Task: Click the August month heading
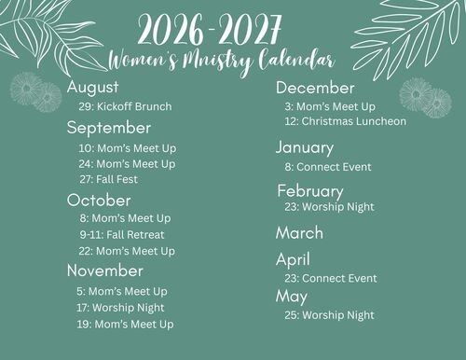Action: coord(92,88)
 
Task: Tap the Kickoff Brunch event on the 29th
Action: coord(125,106)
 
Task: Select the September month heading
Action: coord(109,128)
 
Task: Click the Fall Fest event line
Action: coord(109,179)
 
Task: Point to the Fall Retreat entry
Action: coord(122,235)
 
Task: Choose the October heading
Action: coord(99,201)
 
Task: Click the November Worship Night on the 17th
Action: coord(120,308)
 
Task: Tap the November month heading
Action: coord(105,270)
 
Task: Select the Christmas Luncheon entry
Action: coord(346,121)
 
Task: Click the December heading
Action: coord(315,88)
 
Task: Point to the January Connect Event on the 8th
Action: coord(328,167)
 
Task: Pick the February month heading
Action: coord(310,191)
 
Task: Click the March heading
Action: coord(299,233)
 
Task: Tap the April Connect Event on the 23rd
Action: coord(331,278)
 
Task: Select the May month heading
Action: coord(292,297)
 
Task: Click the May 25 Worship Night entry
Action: coord(330,315)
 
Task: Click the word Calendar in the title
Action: coord(296,60)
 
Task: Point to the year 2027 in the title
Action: coord(250,30)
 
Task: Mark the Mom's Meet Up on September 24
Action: coord(127,164)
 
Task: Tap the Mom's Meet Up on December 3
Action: coord(330,106)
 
